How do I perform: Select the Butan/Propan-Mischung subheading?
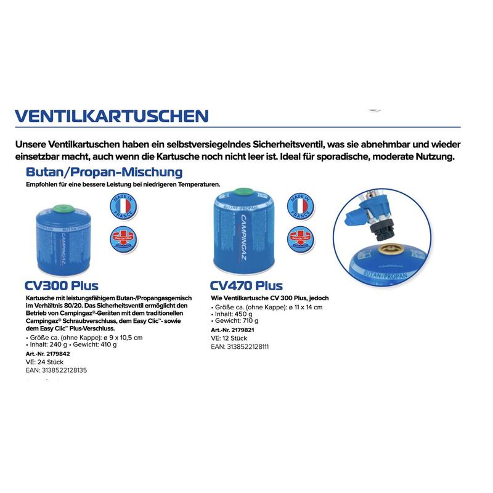pyautogui.click(x=104, y=171)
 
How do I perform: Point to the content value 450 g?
pyautogui.click(x=247, y=314)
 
